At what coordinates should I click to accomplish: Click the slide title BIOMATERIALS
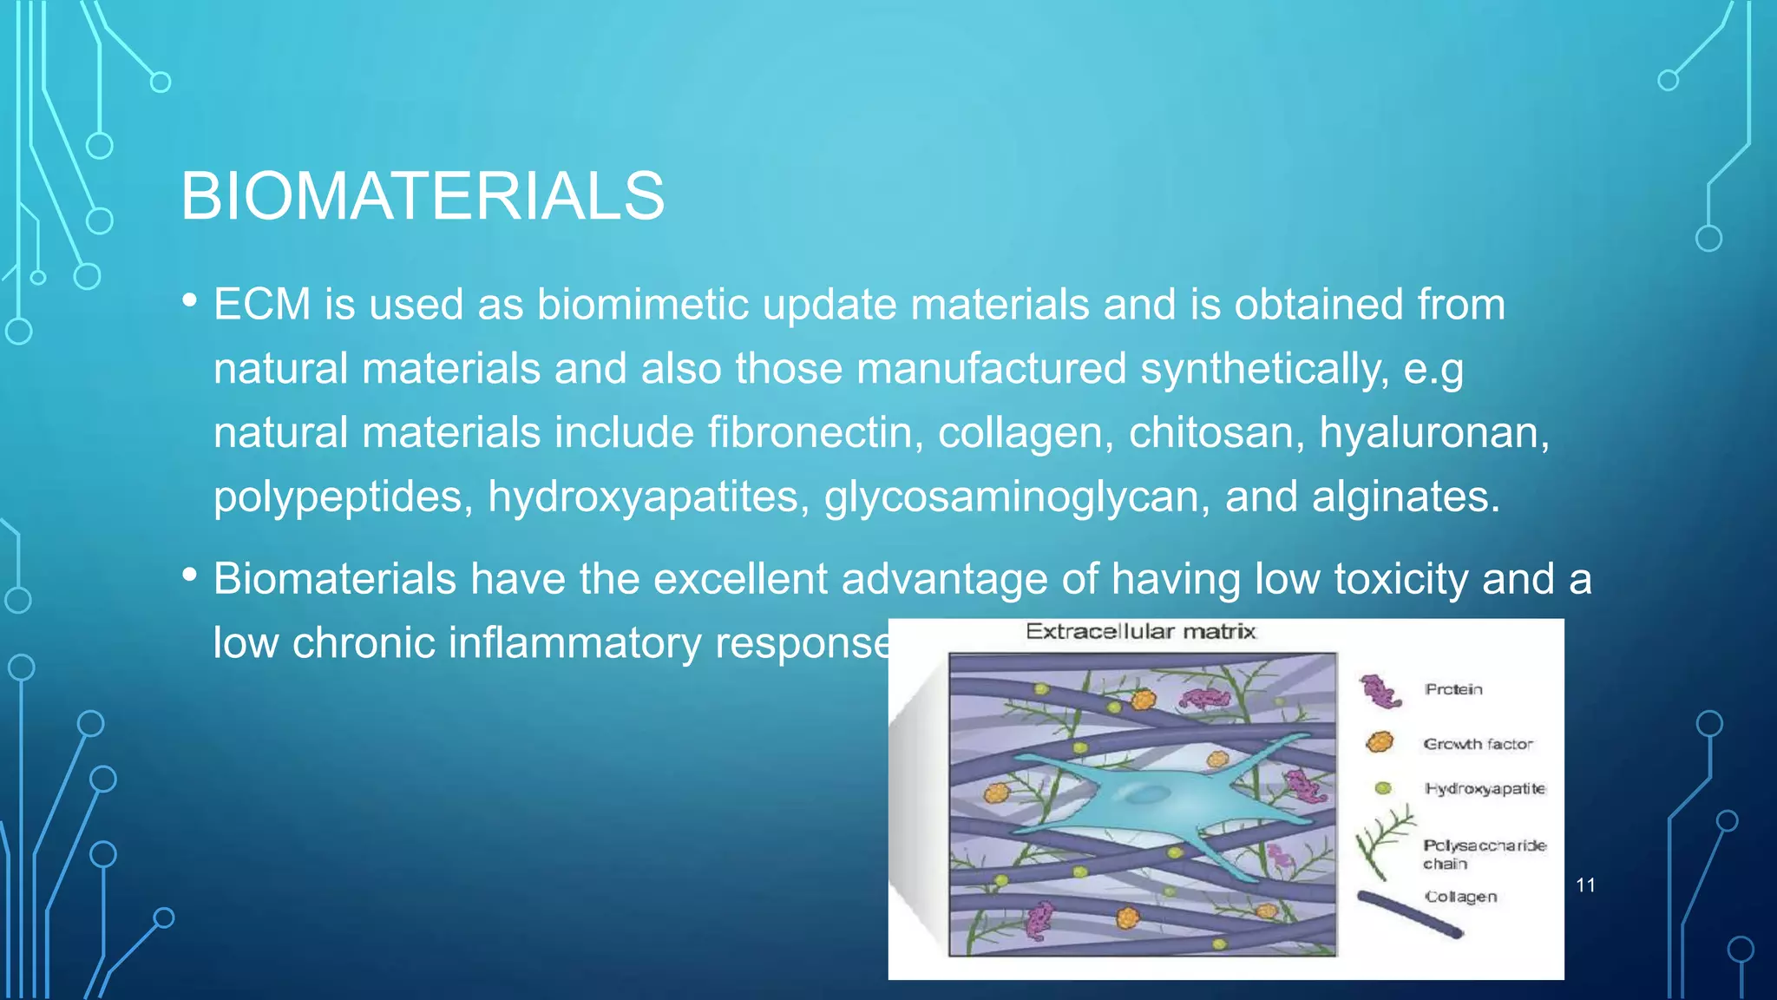[423, 196]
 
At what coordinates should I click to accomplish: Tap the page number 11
[1585, 885]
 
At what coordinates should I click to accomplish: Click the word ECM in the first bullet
[262, 305]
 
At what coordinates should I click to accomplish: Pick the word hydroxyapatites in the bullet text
[648, 497]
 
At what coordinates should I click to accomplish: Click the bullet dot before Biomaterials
[190, 574]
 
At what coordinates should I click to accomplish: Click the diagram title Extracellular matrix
[1140, 632]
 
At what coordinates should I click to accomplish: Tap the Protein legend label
[1453, 689]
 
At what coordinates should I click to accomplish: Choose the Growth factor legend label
[1478, 744]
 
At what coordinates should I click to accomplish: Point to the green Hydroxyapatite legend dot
[1383, 788]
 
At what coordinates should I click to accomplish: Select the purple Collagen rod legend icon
[1410, 915]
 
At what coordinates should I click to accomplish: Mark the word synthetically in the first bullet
[1263, 368]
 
